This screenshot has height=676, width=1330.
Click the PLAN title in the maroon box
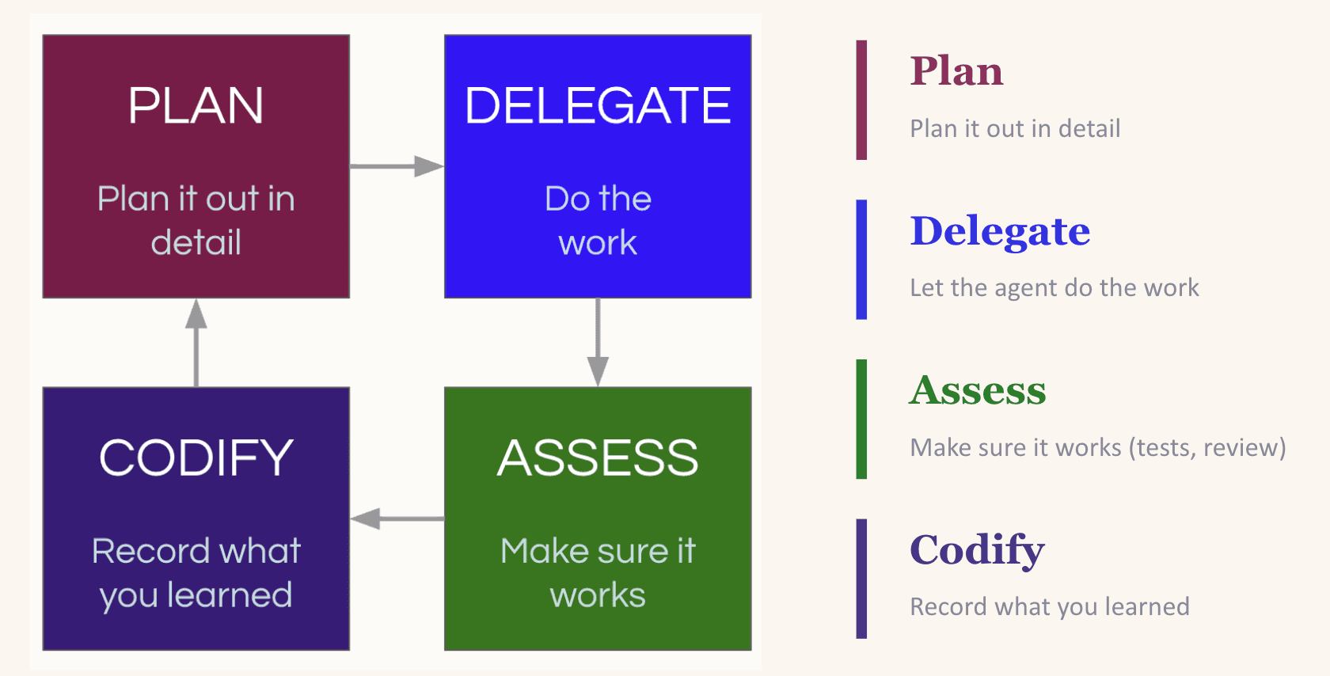point(196,106)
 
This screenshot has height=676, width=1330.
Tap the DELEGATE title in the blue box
point(598,106)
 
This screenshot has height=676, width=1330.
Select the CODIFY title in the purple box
point(196,458)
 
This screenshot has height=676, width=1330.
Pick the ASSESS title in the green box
point(598,458)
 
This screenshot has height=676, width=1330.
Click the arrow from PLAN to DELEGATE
point(396,166)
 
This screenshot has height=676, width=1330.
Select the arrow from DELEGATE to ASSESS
point(598,342)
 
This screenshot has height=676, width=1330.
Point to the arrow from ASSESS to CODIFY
point(396,519)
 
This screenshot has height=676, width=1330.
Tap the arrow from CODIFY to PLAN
point(196,342)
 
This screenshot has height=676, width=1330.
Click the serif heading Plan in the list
point(956,71)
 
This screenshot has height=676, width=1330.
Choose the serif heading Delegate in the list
point(1000,231)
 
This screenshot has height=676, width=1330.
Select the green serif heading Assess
point(978,390)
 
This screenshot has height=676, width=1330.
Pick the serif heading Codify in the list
point(977,550)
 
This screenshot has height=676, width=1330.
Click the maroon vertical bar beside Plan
point(861,100)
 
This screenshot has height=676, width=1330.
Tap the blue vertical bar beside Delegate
point(861,260)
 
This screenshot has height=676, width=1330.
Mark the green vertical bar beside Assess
point(861,419)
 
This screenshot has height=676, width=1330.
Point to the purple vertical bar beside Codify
point(861,579)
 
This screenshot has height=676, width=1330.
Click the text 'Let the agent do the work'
point(1054,288)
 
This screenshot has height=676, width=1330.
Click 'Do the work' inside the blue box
point(598,220)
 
